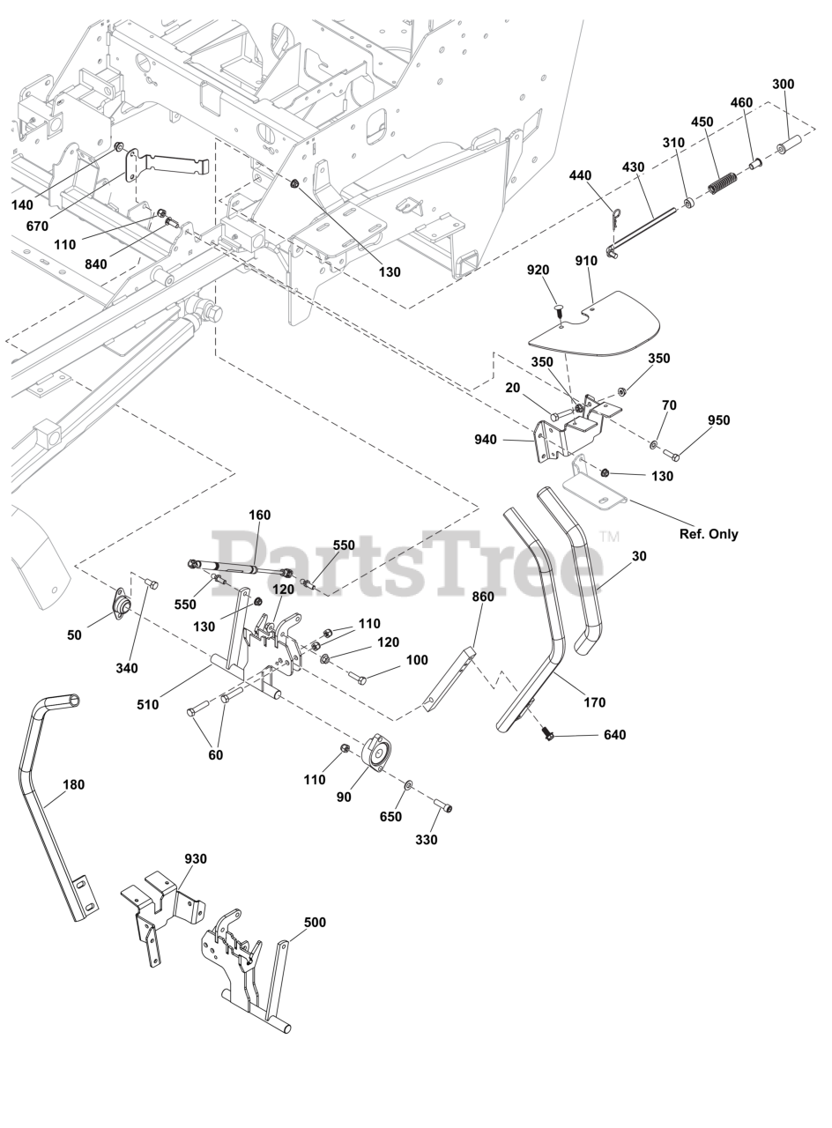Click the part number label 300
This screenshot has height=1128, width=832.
[x=783, y=85]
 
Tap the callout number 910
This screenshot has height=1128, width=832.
[x=586, y=261]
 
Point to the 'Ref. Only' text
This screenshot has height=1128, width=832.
[x=709, y=534]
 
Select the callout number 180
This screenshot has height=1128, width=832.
[x=74, y=784]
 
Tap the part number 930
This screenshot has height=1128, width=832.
[x=196, y=858]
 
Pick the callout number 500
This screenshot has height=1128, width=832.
[x=315, y=923]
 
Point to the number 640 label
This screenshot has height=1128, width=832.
[x=614, y=735]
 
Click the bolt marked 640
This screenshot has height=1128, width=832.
[x=546, y=732]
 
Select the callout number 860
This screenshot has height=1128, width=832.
[x=483, y=597]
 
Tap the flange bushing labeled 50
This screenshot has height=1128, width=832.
[x=120, y=607]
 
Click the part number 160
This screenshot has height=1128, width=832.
[x=260, y=516]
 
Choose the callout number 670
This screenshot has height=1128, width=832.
[x=37, y=226]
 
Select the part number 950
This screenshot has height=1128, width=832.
[x=719, y=420]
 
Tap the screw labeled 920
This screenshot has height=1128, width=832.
[x=558, y=309]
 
